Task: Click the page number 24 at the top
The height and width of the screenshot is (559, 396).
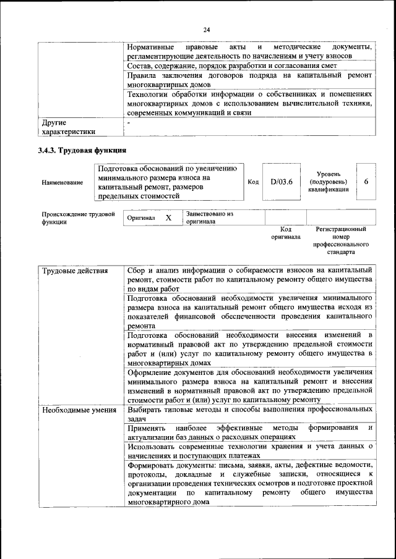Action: click(206, 29)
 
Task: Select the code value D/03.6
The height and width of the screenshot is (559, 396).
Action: click(281, 182)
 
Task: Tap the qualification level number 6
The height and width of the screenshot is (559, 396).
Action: click(366, 182)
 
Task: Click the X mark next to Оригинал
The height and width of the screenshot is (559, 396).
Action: click(168, 218)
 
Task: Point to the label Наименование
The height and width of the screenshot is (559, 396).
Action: click(62, 182)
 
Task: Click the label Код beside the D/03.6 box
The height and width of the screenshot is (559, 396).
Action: click(253, 182)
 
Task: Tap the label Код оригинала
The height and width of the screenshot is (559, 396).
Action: click(285, 233)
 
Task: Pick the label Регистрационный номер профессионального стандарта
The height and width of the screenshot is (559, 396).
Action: click(340, 241)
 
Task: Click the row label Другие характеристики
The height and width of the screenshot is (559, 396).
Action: click(68, 127)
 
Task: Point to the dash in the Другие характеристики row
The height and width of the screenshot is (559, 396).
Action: click(128, 123)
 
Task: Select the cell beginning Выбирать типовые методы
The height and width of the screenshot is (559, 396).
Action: click(249, 414)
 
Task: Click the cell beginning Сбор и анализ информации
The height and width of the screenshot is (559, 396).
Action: click(249, 279)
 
